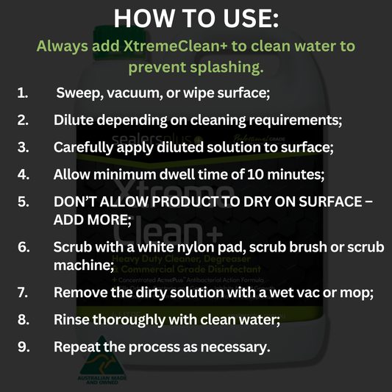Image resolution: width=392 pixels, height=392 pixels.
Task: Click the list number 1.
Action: coord(23,93)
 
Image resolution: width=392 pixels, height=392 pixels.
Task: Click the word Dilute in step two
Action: coord(74,120)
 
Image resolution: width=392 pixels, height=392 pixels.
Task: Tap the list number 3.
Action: coord(23,147)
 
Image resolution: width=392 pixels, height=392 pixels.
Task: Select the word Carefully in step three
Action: coord(84,148)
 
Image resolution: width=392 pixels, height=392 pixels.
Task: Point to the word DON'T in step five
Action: coord(75,202)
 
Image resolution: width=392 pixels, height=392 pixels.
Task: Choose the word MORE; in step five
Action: coord(110,220)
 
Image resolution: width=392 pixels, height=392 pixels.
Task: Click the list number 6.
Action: coord(24,247)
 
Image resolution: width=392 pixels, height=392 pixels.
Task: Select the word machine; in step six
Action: coord(84,266)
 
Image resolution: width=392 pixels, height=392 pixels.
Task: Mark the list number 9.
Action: coord(24,346)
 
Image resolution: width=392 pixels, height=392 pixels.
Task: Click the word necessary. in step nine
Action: coord(235,347)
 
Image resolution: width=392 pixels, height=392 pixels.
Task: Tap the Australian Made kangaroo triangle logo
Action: coord(101,360)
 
